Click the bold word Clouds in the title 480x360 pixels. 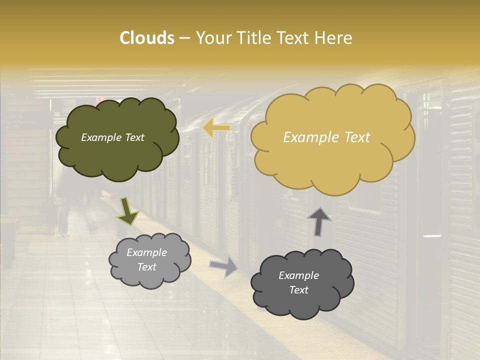pyautogui.click(x=147, y=38)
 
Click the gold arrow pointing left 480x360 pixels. pyautogui.click(x=216, y=129)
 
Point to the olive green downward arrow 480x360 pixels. pyautogui.click(x=127, y=211)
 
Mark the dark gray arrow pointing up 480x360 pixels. pyautogui.click(x=318, y=222)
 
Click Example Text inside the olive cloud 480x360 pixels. pyautogui.click(x=112, y=137)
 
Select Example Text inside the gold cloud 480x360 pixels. pyautogui.click(x=326, y=137)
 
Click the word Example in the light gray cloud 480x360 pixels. pyautogui.click(x=146, y=252)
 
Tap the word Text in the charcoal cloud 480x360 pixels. pyautogui.click(x=298, y=290)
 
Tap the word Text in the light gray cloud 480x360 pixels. pyautogui.click(x=146, y=267)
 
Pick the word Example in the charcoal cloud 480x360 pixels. pyautogui.click(x=298, y=275)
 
